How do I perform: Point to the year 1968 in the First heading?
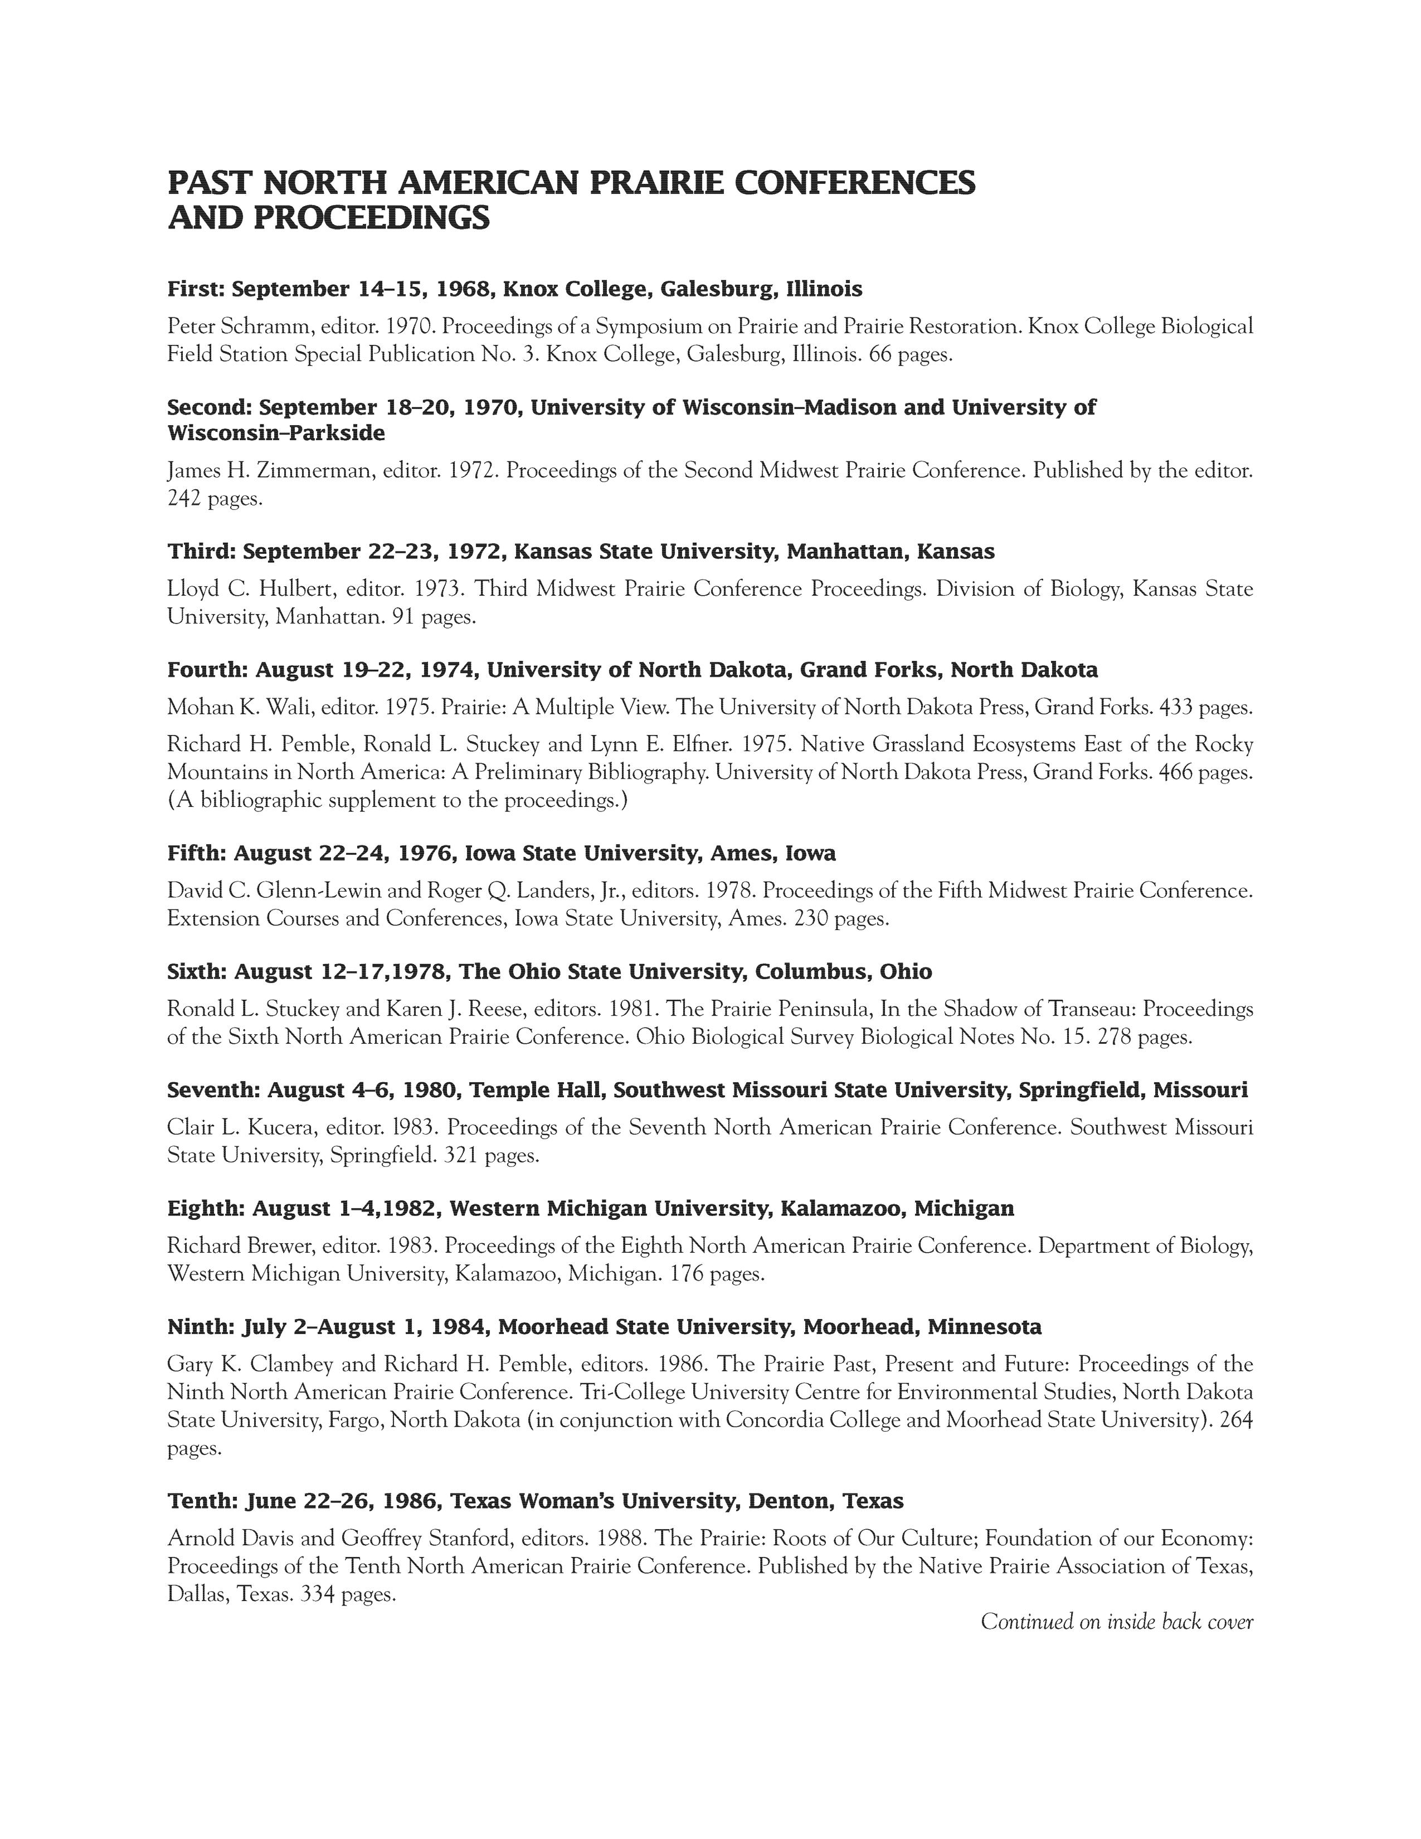462,290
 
